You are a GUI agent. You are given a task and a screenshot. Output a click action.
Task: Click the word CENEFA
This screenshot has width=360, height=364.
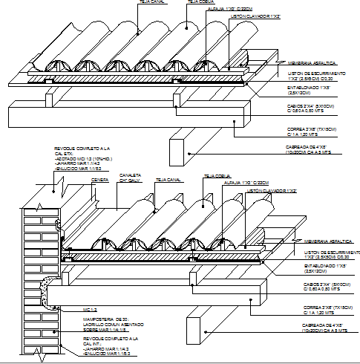pos(99,178)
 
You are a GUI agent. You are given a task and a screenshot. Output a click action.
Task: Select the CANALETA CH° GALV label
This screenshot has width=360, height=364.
pos(130,178)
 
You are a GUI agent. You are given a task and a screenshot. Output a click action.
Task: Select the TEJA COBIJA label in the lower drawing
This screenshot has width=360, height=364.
pos(215,176)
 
